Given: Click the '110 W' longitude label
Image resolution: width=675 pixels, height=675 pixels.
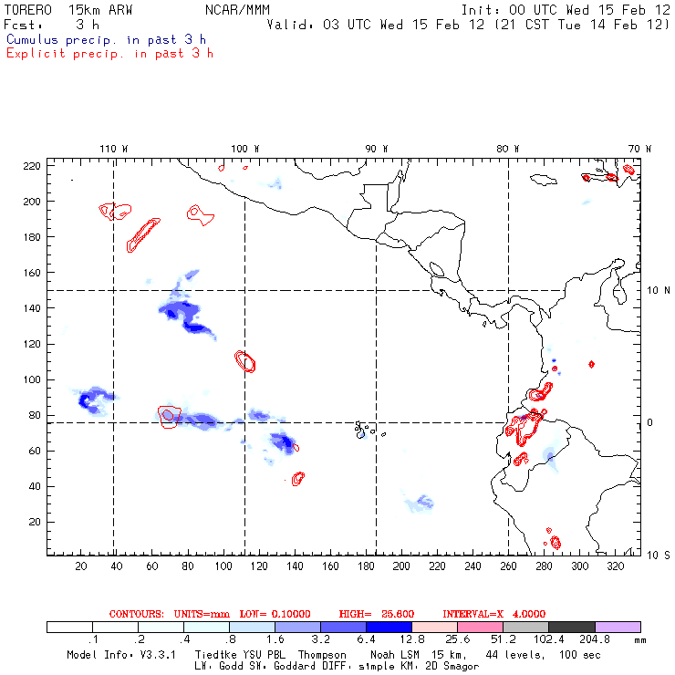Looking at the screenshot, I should pos(114,149).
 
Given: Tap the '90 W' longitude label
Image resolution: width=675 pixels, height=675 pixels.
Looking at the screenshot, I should pos(377,149).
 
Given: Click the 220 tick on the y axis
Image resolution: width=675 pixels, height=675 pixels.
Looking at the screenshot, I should pos(32,165).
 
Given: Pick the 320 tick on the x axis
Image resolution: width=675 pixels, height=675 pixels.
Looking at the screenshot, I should pos(616,566).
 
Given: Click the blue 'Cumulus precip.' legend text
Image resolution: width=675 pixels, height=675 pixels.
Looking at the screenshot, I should pos(106,40).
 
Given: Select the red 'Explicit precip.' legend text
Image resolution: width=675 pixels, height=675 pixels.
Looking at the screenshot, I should pos(109,53).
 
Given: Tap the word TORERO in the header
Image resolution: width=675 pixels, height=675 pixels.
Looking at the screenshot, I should pos(28,9).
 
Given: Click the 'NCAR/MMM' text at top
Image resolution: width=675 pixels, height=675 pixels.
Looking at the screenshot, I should pos(237,9).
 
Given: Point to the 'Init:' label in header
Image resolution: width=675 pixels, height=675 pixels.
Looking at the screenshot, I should pos(482,9).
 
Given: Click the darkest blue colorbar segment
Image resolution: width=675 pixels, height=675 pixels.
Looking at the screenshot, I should pos(389,628).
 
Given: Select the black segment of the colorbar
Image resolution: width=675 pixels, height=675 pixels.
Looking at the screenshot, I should pos(572,628).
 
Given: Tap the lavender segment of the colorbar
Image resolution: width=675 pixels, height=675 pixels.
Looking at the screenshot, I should pos(618,628).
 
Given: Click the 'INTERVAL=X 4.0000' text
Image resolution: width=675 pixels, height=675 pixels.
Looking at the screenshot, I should pos(493,614).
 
